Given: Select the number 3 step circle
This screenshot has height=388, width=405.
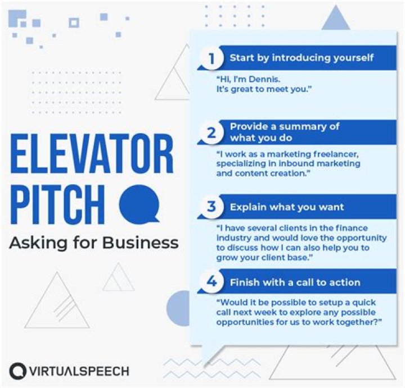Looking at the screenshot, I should coord(211,207).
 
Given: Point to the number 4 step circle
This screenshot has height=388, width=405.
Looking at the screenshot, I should coord(211,281).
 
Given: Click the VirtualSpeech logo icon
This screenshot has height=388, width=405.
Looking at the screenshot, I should coord(18,371).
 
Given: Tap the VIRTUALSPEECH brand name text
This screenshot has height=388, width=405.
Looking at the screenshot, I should coord(79,371).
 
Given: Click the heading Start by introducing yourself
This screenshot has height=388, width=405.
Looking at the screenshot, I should coord(301,58).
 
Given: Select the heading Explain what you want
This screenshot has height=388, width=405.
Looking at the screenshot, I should coord(287,207).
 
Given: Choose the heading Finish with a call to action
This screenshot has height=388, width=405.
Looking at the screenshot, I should coord(295,282).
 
